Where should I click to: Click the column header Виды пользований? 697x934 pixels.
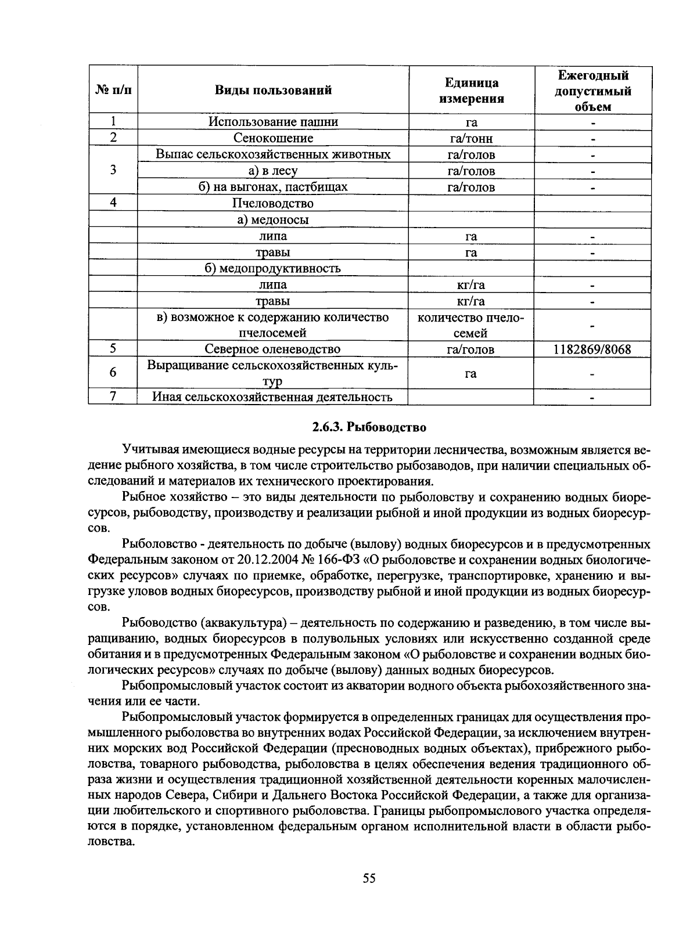(x=273, y=90)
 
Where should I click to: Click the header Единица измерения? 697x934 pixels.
(x=471, y=91)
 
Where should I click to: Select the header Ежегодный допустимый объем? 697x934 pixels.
(x=592, y=91)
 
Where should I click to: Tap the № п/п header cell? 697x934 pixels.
(x=113, y=90)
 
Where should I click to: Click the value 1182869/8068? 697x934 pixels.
(x=592, y=349)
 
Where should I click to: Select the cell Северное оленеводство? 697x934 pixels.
(x=272, y=349)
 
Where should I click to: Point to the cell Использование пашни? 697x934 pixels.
(x=272, y=122)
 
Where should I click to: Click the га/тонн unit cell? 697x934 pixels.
(x=471, y=138)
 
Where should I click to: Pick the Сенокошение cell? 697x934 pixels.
(x=272, y=138)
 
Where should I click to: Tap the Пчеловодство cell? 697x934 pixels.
(x=272, y=203)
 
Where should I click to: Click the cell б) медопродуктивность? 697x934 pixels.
(x=272, y=268)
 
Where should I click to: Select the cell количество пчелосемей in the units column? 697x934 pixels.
(x=471, y=325)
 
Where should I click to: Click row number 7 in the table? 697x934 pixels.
(x=113, y=396)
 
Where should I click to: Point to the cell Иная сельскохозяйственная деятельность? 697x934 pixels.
(x=272, y=397)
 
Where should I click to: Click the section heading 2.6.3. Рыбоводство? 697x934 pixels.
(x=369, y=428)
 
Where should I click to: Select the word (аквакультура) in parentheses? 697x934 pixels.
(x=244, y=623)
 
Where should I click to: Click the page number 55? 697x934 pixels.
(x=369, y=878)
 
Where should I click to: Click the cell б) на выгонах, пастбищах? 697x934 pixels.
(x=272, y=187)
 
